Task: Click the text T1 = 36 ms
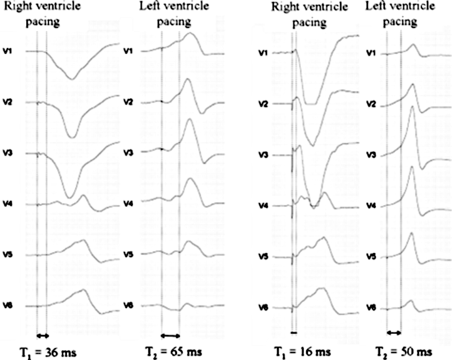pos(45,352)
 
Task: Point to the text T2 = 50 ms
pos(403,352)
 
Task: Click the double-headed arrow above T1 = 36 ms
pos(42,335)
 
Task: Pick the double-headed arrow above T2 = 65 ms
pos(170,335)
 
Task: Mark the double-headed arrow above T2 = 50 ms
pos(394,333)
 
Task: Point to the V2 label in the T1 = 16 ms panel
pos(264,104)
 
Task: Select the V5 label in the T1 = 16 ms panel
pos(264,257)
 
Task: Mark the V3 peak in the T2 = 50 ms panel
pos(412,106)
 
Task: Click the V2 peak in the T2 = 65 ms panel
pos(187,79)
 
